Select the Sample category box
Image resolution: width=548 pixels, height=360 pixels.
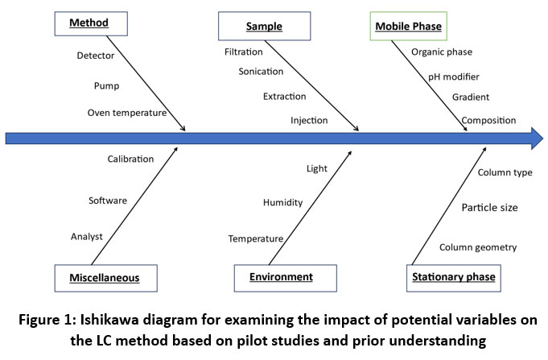[264, 27]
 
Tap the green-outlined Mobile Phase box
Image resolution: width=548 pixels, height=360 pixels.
[409, 27]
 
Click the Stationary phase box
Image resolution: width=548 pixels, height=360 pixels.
[454, 278]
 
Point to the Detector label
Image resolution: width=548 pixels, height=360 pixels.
[95, 56]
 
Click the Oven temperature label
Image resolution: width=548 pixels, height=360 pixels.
[126, 113]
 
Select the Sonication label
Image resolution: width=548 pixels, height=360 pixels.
[261, 72]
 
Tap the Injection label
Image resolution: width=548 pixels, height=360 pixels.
[309, 121]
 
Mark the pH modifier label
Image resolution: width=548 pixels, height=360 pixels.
[453, 77]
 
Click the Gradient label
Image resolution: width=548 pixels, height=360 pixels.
[470, 97]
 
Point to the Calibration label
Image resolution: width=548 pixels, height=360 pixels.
[130, 159]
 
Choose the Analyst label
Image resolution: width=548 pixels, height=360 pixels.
[87, 236]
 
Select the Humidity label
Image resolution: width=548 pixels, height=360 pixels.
[282, 203]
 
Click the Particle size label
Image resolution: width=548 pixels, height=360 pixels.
[489, 208]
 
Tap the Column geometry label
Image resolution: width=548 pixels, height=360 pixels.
[478, 247]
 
